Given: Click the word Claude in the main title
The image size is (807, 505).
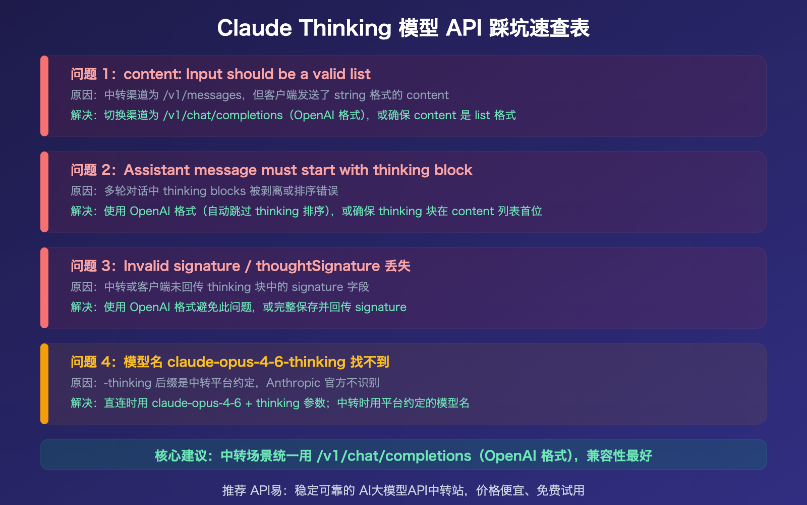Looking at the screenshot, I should point(254,28).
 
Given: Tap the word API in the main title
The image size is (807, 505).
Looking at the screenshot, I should point(464,28).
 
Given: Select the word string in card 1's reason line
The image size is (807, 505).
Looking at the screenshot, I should point(350,95).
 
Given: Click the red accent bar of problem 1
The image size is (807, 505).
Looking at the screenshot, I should point(44,96).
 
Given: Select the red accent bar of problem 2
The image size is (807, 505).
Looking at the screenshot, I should point(44,192).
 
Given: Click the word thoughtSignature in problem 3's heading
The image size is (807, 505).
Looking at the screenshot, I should point(318,266).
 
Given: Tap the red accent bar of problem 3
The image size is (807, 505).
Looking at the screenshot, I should point(44,288).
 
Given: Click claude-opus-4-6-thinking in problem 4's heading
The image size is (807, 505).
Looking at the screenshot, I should point(256,362).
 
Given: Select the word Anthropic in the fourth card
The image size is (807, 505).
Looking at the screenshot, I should point(293,383).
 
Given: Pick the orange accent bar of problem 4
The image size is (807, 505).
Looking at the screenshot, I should point(44,384).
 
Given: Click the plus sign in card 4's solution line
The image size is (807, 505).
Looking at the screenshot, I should point(248,403).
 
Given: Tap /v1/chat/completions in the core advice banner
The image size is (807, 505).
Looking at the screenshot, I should point(393,456).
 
